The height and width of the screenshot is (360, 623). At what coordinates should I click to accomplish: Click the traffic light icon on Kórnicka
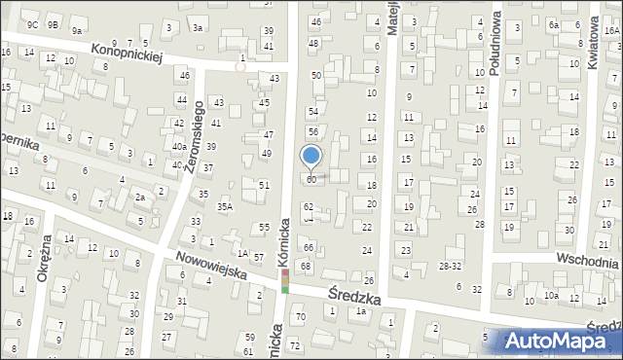[x=285, y=281]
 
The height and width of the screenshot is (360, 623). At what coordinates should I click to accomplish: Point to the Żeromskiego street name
[x=194, y=135]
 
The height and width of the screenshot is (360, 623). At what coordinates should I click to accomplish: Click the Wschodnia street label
[x=587, y=261]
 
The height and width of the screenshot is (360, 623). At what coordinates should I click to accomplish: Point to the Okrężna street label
[x=43, y=263]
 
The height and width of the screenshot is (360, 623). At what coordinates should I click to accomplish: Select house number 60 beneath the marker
[x=311, y=179]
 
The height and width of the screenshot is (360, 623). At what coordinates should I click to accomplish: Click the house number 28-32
[x=451, y=265]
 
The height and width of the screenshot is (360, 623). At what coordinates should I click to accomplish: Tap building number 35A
[x=225, y=206]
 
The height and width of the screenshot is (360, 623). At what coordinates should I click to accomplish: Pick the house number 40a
[x=179, y=147]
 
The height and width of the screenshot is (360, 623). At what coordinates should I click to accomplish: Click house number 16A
[x=611, y=31]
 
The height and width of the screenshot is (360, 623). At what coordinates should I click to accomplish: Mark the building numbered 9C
[x=33, y=24]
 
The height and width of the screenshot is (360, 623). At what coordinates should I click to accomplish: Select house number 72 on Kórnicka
[x=295, y=346]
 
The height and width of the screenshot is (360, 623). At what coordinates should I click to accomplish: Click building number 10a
[x=551, y=295]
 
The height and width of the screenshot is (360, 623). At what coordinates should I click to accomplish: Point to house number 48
[x=313, y=43]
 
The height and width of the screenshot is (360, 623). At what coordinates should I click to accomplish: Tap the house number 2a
[x=140, y=197]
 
